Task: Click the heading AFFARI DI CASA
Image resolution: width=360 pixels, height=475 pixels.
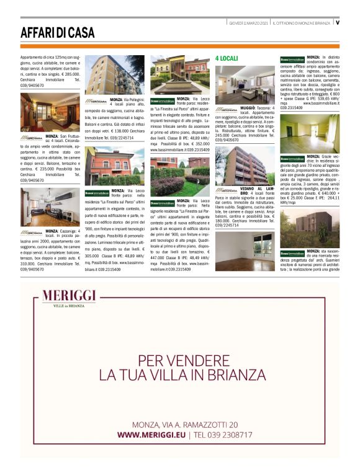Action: click(58, 32)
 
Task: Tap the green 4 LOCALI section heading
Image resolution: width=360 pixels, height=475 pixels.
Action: click(226, 58)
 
